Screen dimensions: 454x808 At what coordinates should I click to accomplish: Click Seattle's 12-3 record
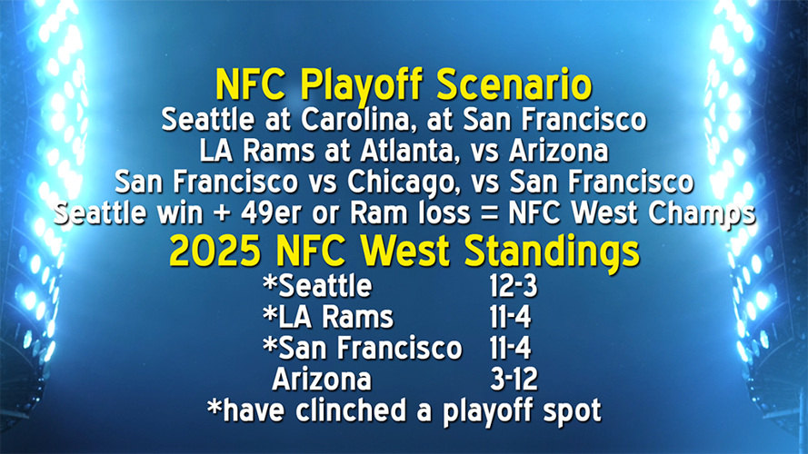[x=513, y=286]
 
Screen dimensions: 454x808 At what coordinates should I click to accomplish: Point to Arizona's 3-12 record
[x=513, y=379]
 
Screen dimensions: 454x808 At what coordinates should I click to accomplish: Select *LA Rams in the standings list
[x=327, y=317]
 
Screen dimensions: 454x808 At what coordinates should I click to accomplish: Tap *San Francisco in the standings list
[x=362, y=348]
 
